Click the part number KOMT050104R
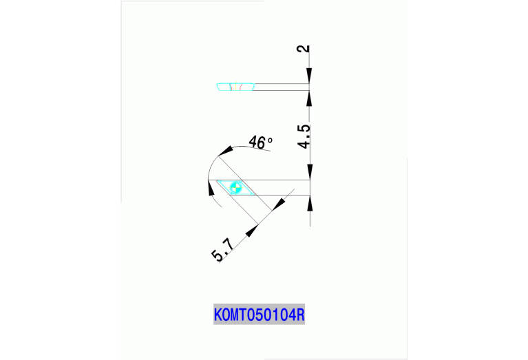click(260, 315)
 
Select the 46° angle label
click(260, 142)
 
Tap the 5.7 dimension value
click(222, 248)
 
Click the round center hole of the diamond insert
click(235, 186)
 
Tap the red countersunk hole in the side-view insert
click(236, 87)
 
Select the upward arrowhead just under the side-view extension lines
click(310, 98)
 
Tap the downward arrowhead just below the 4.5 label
click(310, 172)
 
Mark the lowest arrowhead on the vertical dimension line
click(310, 203)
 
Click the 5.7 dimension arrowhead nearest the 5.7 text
click(251, 229)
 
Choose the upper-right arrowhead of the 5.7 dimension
click(279, 204)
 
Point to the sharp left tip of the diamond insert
click(217, 181)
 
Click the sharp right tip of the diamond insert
click(254, 193)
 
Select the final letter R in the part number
click(300, 315)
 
